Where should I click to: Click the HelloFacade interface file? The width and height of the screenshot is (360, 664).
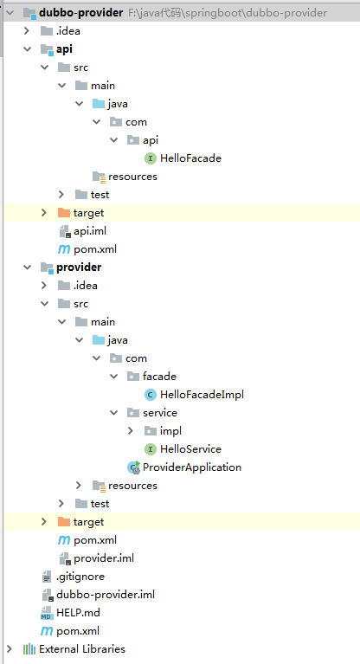click(x=190, y=158)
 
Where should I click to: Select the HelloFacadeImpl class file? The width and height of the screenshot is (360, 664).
click(x=202, y=394)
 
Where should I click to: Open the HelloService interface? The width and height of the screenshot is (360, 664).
click(x=190, y=448)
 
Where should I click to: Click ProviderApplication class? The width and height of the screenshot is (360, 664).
click(x=191, y=467)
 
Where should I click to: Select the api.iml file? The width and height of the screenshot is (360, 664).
click(x=89, y=230)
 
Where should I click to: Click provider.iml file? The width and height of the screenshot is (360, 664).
click(x=103, y=558)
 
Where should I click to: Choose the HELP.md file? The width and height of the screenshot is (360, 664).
click(x=78, y=612)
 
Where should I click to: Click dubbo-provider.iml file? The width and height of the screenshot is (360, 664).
click(x=105, y=594)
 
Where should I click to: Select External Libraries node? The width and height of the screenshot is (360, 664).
click(x=81, y=648)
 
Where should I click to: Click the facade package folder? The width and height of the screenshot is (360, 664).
click(x=159, y=376)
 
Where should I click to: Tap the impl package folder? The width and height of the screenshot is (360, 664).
click(x=170, y=430)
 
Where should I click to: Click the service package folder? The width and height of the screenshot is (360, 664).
click(x=159, y=412)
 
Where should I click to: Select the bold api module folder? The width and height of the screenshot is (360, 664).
click(x=64, y=48)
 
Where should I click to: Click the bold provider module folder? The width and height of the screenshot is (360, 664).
click(x=78, y=267)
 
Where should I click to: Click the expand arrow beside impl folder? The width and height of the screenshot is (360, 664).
click(x=131, y=430)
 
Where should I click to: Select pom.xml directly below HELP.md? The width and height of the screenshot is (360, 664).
click(x=77, y=630)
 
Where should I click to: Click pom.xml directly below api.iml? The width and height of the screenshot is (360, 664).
click(x=94, y=248)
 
